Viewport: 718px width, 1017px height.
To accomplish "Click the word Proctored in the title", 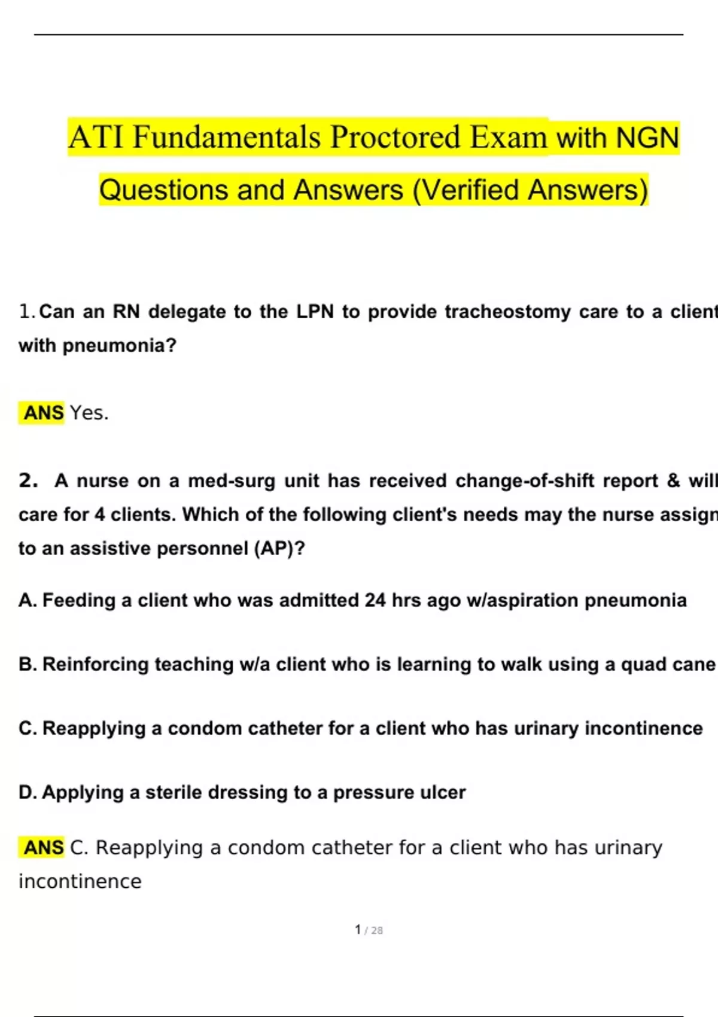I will tap(396, 137).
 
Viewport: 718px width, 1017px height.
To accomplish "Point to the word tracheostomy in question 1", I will tap(507, 312).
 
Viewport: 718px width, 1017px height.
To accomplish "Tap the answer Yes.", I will tap(89, 413).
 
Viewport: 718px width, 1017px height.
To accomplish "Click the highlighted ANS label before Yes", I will tap(43, 413).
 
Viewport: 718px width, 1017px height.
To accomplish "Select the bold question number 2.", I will tap(28, 480).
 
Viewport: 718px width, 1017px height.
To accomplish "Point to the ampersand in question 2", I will tap(673, 480).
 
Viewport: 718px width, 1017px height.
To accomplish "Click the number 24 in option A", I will tap(375, 600).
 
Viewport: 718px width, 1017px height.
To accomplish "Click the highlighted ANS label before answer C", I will tap(43, 848).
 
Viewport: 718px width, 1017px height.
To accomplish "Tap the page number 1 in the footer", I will tap(358, 930).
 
